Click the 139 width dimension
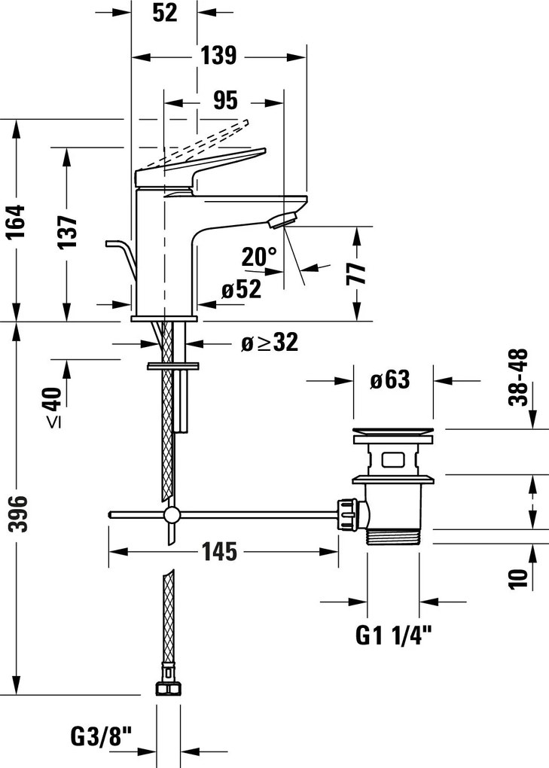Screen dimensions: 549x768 [x=218, y=55]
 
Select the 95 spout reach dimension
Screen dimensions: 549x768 [x=225, y=100]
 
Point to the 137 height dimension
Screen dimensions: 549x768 [x=68, y=231]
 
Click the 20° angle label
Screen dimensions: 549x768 [x=259, y=257]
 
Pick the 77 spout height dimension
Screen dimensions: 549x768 [x=356, y=273]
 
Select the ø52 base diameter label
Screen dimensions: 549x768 [x=241, y=290]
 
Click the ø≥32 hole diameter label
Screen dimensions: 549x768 [x=270, y=342]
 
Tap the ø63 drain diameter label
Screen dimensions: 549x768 [x=390, y=379]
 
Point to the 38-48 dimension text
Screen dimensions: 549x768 [x=518, y=377]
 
